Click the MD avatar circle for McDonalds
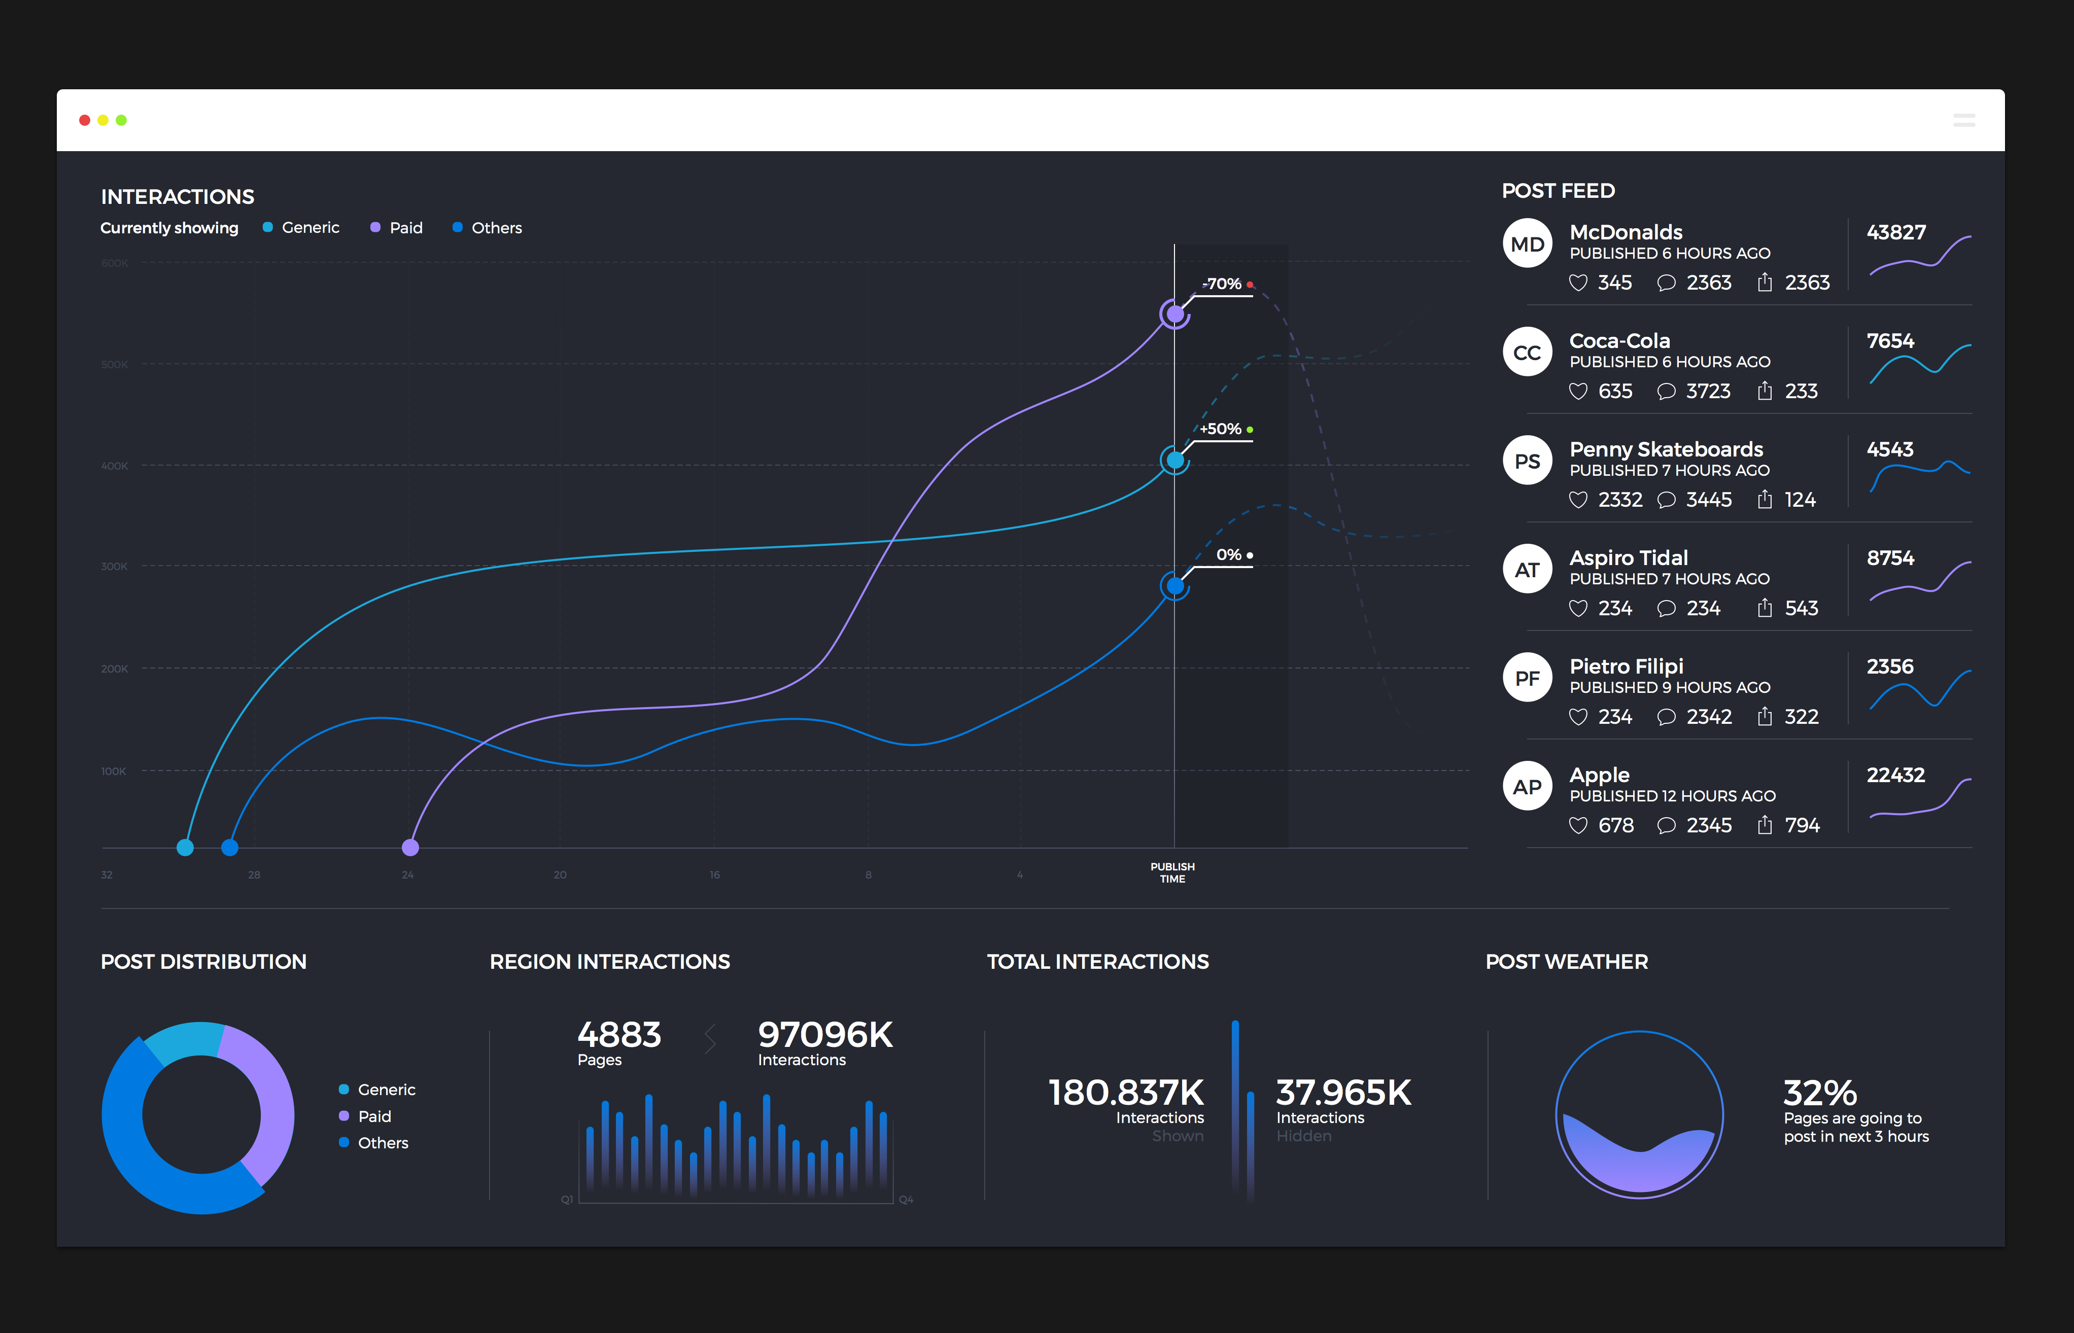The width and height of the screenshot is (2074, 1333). [x=1527, y=244]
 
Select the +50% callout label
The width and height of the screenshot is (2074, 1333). [x=1221, y=429]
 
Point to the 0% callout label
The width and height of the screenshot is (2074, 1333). [x=1228, y=555]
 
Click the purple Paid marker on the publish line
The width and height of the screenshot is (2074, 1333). [x=1174, y=314]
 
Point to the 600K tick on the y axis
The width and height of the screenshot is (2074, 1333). [x=114, y=263]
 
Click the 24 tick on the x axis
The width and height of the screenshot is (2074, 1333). [x=408, y=875]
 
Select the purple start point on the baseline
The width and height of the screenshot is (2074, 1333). [x=410, y=848]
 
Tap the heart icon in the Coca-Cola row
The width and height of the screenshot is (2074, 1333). [x=1578, y=391]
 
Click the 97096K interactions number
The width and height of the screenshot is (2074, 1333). [x=825, y=1035]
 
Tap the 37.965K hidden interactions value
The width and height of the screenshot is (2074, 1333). [x=1342, y=1093]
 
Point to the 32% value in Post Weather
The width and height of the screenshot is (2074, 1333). [x=1819, y=1093]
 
